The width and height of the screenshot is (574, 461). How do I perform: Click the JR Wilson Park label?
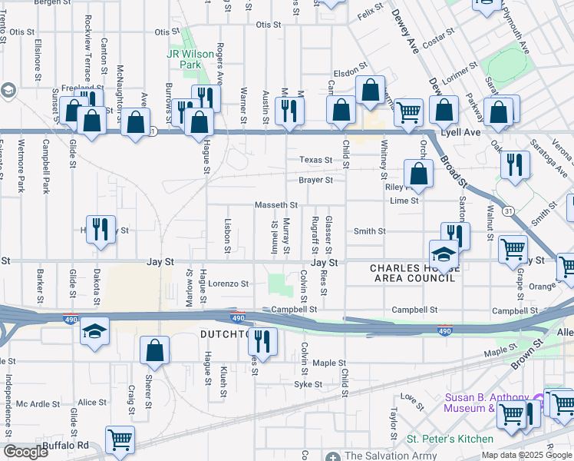184,60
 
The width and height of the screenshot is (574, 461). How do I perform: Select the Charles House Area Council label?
413,273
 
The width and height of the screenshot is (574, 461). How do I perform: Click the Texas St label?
315,161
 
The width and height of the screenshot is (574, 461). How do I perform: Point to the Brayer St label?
315,181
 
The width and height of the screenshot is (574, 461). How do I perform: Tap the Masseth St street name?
275,205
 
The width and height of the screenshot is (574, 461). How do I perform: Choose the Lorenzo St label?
229,284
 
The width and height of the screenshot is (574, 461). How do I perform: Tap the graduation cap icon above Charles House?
444,254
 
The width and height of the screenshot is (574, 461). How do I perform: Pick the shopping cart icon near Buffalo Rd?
120,440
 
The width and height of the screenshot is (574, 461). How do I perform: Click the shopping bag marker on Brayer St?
419,174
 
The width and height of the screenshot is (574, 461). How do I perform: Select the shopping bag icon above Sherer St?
155,350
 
